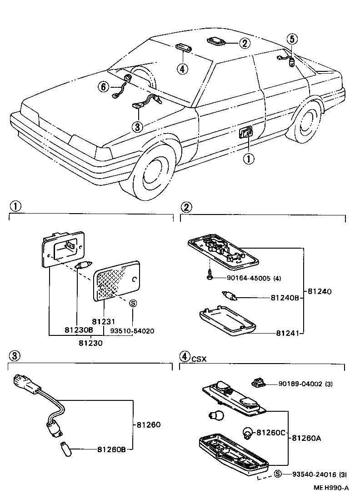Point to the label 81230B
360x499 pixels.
click(x=78, y=331)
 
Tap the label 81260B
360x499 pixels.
click(x=111, y=449)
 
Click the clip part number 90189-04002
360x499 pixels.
click(x=300, y=384)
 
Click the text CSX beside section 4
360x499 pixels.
click(x=199, y=359)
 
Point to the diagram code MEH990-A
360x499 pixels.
click(x=330, y=488)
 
